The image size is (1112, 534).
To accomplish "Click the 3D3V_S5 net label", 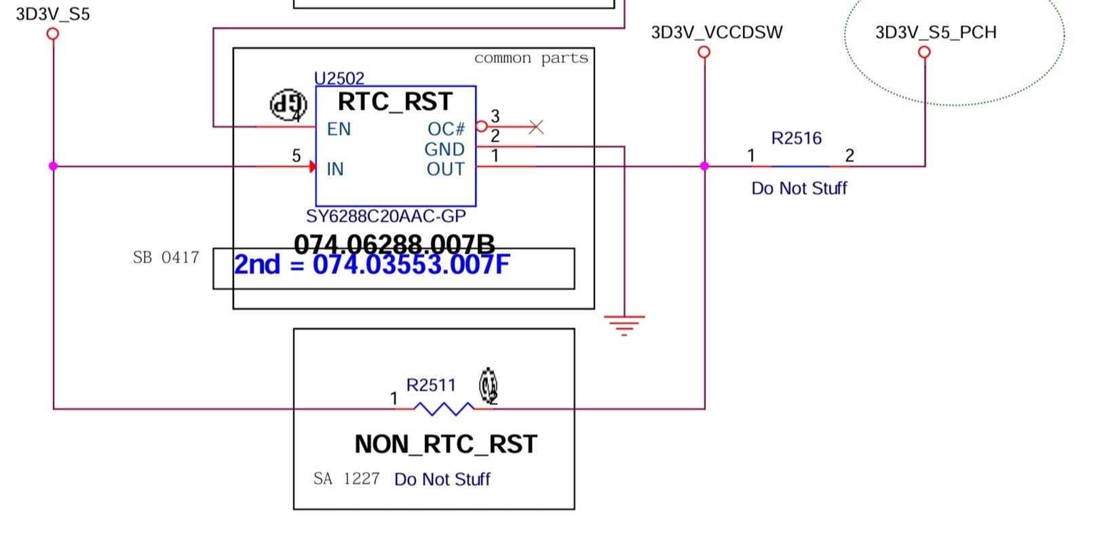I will coord(52,14).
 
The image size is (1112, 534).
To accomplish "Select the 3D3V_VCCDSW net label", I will coord(716,33).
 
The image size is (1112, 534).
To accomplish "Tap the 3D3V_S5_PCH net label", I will coord(936,33).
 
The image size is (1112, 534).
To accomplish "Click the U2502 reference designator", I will coord(339,79).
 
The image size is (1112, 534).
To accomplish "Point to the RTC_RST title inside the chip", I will coord(395,102).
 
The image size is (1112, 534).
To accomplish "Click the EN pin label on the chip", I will coord(339,129).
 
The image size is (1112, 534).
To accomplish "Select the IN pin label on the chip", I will coord(335,169).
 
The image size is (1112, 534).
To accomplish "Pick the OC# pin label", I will coord(446,129).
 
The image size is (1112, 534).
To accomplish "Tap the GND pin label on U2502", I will coord(444,149).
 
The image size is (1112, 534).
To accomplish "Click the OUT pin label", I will coord(446,169).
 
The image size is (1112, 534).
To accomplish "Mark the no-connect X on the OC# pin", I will coord(536,127).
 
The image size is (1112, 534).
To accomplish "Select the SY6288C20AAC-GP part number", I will coord(386,216).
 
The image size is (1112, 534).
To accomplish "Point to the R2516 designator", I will coord(797,138).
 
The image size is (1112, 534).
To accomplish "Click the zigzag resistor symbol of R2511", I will coord(444,408).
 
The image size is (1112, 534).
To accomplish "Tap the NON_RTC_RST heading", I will coord(446,444).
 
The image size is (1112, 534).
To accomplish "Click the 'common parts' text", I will coord(531,58).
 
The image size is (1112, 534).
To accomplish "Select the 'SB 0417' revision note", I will coord(166,258).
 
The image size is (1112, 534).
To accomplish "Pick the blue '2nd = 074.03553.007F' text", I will coord(371,265).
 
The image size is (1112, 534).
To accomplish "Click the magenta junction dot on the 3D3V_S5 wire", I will coord(53,166).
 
